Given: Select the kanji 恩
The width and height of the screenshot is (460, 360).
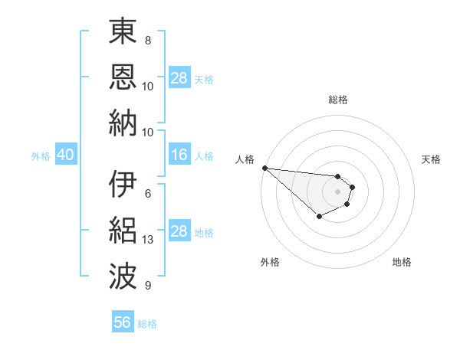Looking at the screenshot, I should [123, 77].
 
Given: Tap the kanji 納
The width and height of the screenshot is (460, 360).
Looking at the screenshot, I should [123, 122].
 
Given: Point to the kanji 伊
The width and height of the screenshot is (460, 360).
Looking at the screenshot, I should [123, 185].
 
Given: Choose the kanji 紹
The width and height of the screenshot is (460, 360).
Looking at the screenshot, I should [123, 230].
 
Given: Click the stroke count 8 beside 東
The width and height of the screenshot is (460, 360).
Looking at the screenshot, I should [147, 41].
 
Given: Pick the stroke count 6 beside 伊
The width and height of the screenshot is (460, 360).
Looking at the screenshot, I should [147, 194].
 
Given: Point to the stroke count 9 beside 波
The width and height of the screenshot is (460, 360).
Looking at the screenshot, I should [147, 286].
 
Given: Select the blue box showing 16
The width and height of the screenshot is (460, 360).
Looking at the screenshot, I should [179, 155].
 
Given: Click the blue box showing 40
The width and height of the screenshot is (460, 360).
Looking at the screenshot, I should [65, 155].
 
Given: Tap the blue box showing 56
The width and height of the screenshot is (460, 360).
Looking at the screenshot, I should [123, 322].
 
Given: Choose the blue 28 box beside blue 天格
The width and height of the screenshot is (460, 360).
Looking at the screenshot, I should [179, 78].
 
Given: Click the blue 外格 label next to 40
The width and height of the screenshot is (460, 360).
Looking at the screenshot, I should [41, 156].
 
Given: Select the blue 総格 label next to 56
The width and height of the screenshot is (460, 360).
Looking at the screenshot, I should [147, 324].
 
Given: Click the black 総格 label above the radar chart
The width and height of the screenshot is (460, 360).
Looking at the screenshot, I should [337, 100].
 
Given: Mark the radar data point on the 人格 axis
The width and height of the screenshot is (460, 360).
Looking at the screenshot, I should [264, 168].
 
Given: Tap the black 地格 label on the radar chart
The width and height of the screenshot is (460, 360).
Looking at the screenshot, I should [402, 262].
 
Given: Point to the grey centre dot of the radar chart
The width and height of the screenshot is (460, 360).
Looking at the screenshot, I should [337, 191].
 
